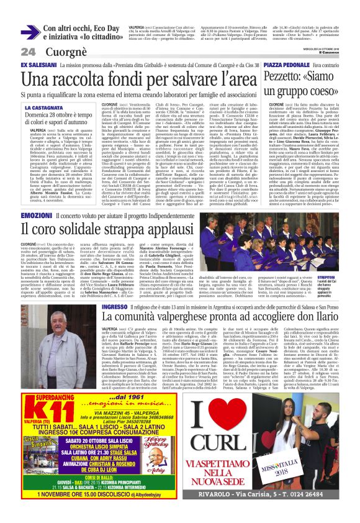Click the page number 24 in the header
click(x=28, y=52)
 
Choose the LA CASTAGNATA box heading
click(x=43, y=108)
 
